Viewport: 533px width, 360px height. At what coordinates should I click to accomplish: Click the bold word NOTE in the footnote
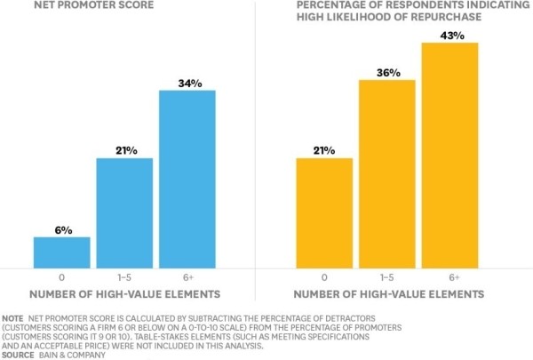tap(13, 317)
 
